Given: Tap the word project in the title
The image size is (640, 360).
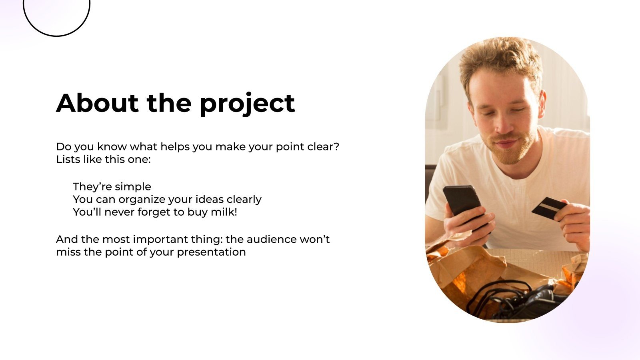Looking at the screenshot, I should click(x=247, y=104).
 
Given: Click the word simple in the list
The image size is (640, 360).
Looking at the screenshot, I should click(x=132, y=187).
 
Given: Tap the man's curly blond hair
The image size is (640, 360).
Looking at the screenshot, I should click(x=500, y=56).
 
